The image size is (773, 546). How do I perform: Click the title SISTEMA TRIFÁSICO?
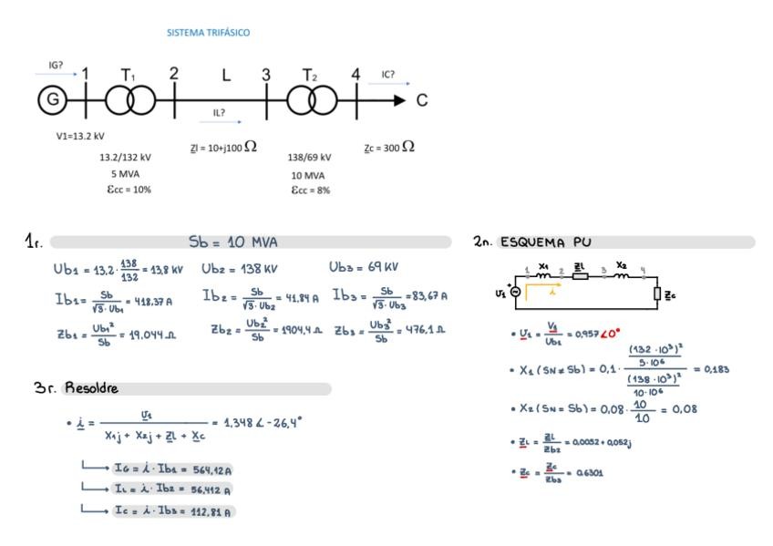(x=208, y=33)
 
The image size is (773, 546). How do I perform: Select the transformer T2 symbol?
(x=310, y=99)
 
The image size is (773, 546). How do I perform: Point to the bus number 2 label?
(x=174, y=75)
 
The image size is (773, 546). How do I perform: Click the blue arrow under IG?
(x=62, y=75)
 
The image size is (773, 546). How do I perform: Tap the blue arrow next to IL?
(x=226, y=120)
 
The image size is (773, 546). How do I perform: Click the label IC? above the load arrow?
(x=388, y=75)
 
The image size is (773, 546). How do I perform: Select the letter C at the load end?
(x=422, y=100)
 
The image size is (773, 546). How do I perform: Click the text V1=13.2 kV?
(x=80, y=136)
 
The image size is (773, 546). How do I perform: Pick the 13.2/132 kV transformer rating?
(x=125, y=157)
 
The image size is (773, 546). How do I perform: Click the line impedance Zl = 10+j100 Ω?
(x=223, y=147)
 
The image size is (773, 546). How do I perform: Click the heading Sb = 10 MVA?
(x=233, y=242)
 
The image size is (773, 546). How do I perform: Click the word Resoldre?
(x=91, y=388)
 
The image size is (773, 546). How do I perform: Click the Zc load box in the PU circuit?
(x=656, y=294)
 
